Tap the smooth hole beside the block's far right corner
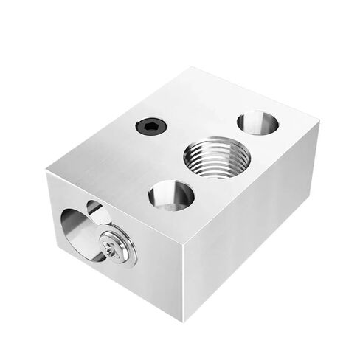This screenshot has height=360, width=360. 257,122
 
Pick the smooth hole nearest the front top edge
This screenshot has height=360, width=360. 171,197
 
